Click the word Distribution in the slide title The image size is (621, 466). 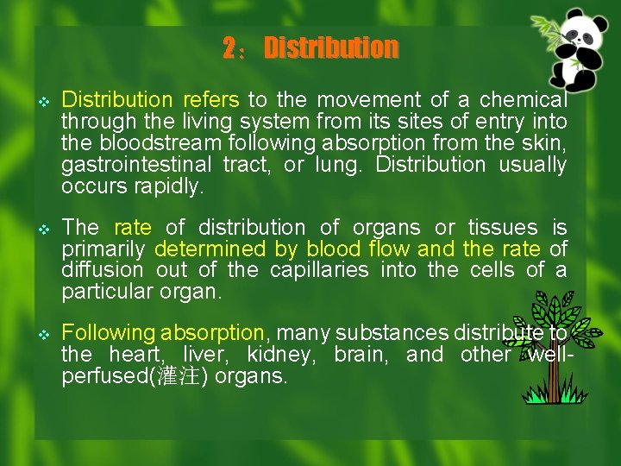[x=331, y=48]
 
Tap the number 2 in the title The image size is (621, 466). [x=229, y=48]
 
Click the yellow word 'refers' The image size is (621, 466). [x=211, y=100]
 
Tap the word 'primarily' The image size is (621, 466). [x=103, y=249]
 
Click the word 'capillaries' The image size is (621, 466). [x=319, y=270]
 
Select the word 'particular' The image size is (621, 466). [x=107, y=292]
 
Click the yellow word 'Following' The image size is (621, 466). [x=109, y=333]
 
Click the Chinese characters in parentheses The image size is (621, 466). [x=179, y=376]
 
